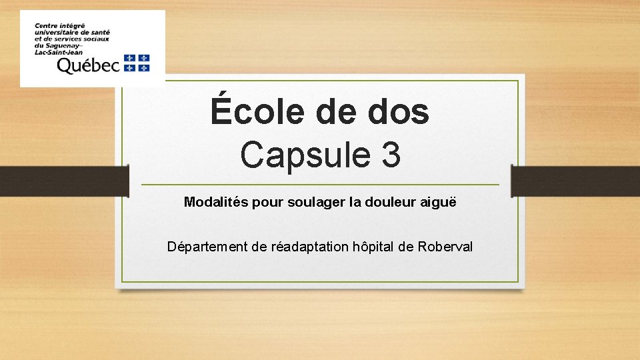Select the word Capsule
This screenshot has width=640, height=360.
(297, 155)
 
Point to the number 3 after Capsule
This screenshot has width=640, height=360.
(391, 155)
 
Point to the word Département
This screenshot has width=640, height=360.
(208, 247)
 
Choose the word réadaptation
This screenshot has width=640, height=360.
(310, 247)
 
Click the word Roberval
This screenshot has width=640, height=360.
(445, 247)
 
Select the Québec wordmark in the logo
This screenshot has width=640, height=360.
(88, 65)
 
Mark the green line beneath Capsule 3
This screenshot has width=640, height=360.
(320, 185)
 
